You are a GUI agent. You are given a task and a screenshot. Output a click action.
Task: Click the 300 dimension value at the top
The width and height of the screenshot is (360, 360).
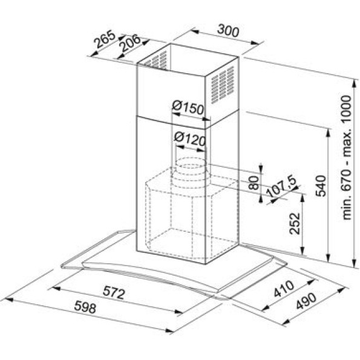click(228, 30)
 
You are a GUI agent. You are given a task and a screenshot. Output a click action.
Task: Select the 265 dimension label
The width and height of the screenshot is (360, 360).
click(105, 39)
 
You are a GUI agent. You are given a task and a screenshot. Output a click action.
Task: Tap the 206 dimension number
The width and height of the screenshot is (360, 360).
click(130, 43)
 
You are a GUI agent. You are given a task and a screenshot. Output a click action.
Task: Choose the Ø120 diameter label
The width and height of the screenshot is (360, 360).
click(189, 139)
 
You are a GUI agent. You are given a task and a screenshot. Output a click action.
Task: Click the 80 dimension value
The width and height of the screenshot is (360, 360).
click(254, 183)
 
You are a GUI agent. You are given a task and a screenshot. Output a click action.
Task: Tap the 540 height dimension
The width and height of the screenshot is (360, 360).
click(321, 186)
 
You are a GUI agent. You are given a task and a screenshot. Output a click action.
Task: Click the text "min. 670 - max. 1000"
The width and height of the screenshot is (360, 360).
click(346, 158)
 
